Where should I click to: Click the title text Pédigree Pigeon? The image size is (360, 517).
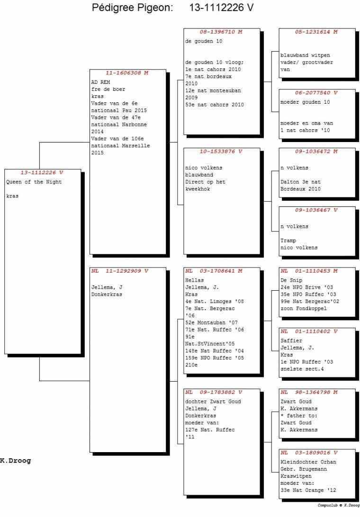pyautogui.click(x=132, y=8)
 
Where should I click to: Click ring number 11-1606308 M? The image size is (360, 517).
pyautogui.click(x=127, y=73)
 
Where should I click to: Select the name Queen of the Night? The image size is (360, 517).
pyautogui.click(x=34, y=182)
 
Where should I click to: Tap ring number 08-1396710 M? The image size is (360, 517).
pyautogui.click(x=221, y=32)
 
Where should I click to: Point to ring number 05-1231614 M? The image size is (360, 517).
pyautogui.click(x=316, y=32)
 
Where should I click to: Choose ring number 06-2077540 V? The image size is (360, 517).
pyautogui.click(x=316, y=93)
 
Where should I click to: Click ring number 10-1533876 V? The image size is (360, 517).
pyautogui.click(x=221, y=152)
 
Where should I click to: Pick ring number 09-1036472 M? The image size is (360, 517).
pyautogui.click(x=316, y=152)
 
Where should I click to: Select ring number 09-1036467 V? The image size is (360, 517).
pyautogui.click(x=316, y=210)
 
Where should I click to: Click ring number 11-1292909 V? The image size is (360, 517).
pyautogui.click(x=127, y=271)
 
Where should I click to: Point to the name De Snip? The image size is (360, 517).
pyautogui.click(x=291, y=280)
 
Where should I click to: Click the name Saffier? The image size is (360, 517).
pyautogui.click(x=291, y=340)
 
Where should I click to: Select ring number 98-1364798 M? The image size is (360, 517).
pyautogui.click(x=316, y=392)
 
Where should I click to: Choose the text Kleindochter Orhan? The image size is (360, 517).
pyautogui.click(x=308, y=462)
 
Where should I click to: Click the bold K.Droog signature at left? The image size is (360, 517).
pyautogui.click(x=16, y=461)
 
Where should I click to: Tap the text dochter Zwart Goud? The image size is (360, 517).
pyautogui.click(x=213, y=401)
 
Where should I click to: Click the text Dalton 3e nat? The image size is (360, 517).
pyautogui.click(x=301, y=182)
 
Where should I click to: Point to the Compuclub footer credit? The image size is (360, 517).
pyautogui.click(x=339, y=505)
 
